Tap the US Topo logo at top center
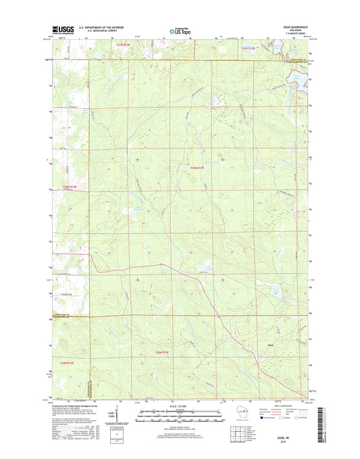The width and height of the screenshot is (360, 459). tap(179, 30)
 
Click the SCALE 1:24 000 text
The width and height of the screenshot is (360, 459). tap(179, 406)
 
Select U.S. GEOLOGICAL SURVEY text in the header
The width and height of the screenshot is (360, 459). tap(99, 31)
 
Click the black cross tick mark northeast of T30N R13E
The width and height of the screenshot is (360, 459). tap(224, 160)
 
